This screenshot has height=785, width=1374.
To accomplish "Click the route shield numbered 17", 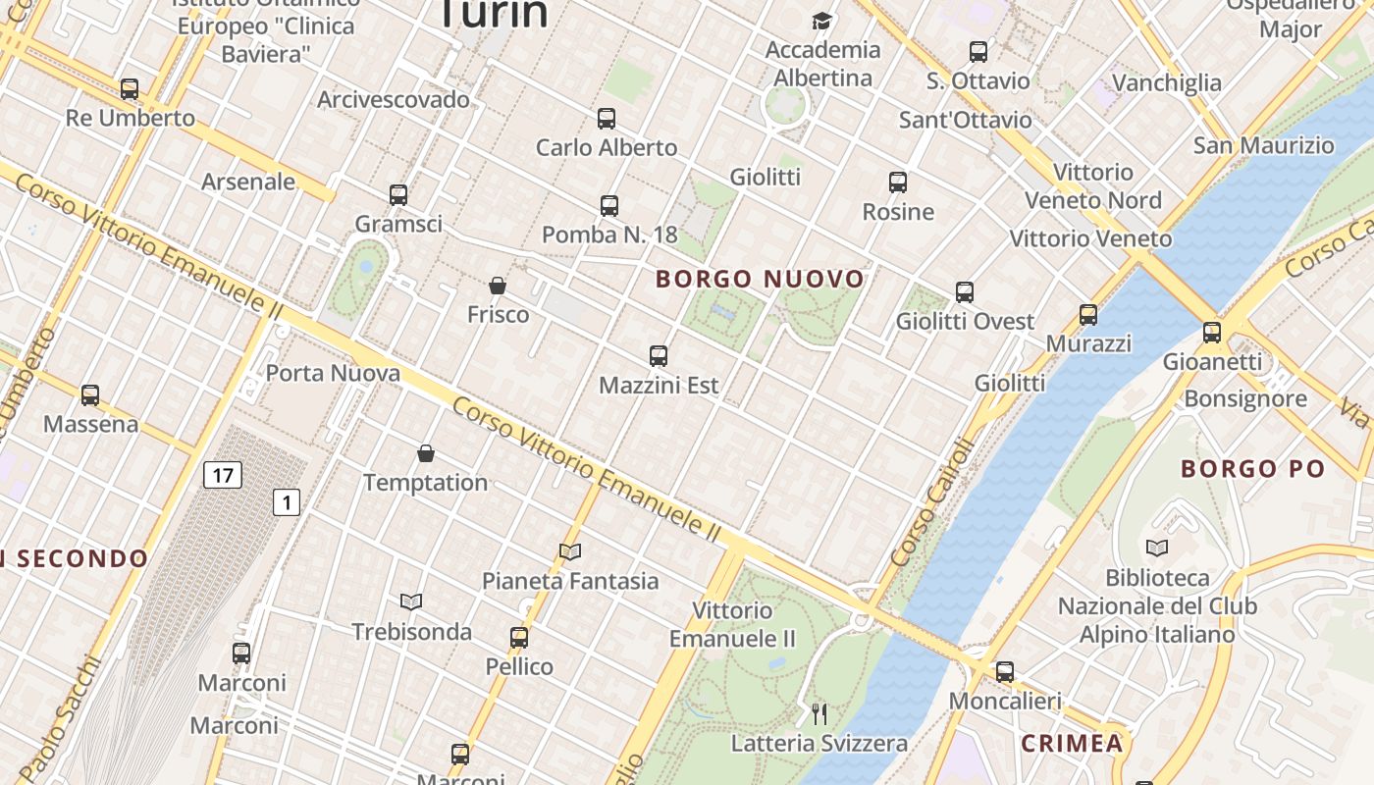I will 223,476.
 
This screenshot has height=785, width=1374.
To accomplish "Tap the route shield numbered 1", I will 286,503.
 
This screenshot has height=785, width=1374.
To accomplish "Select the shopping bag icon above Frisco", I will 498,286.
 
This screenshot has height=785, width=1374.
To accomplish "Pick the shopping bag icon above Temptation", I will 426,453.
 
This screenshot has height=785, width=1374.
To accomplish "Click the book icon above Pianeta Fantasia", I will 570,551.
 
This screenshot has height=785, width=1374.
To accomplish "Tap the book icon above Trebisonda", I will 411,602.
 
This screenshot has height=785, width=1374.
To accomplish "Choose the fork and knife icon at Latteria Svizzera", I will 819,713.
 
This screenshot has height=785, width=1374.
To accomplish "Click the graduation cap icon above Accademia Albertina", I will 821,21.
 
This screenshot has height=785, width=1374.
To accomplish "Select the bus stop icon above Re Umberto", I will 130,89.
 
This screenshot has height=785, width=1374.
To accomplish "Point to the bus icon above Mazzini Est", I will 659,356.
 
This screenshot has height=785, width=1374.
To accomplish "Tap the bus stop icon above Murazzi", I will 1088,315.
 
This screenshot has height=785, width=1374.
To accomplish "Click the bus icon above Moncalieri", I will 1005,672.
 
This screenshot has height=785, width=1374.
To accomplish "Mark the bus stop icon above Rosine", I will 898,183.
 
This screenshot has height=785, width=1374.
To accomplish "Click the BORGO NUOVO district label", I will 760,280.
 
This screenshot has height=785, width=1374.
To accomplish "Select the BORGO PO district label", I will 1253,469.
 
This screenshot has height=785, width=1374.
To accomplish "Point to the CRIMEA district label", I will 1072,744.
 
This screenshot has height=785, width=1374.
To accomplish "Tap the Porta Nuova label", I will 333,374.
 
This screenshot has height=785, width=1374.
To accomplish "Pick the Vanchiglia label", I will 1167,82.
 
